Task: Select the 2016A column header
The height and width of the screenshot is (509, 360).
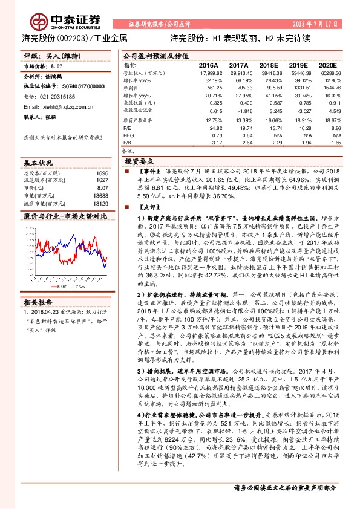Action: pyautogui.click(x=208, y=65)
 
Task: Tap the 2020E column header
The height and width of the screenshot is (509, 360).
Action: pyautogui.click(x=326, y=65)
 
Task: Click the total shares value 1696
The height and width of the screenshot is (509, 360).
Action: pyautogui.click(x=102, y=173)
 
